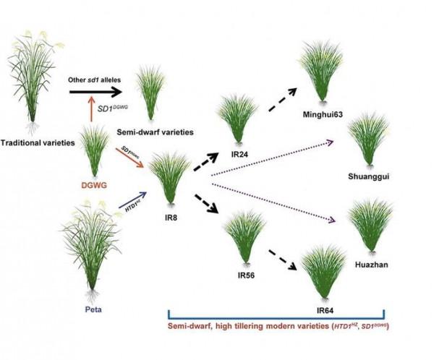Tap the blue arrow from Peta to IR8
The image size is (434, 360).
[127, 203]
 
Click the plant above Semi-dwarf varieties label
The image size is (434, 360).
[150, 98]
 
